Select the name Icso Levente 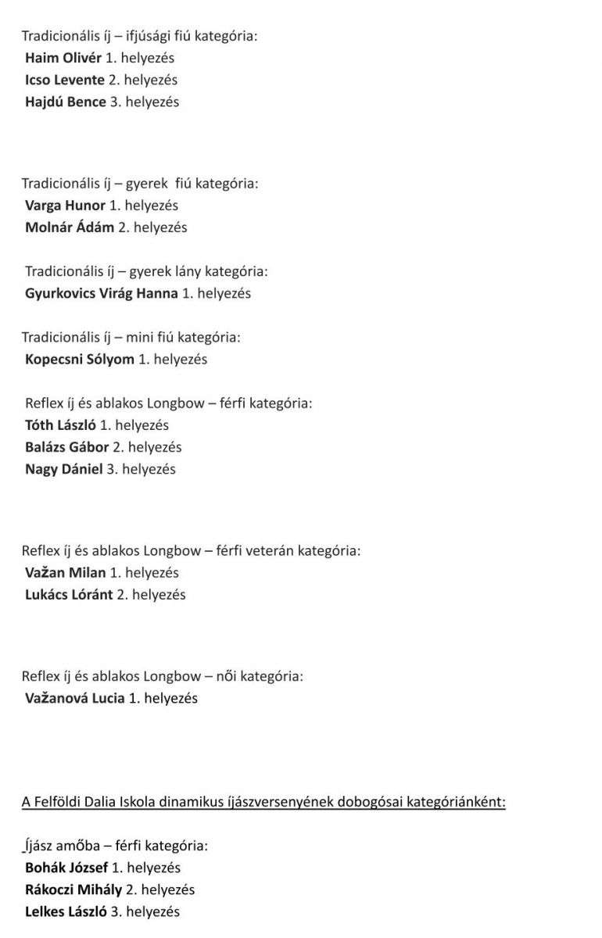tap(64, 80)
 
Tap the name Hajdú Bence tap(65, 102)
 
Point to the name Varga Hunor tap(65, 206)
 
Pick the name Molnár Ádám tap(69, 227)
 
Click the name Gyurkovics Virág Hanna tap(101, 293)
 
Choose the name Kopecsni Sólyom tap(79, 360)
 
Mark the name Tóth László tap(60, 425)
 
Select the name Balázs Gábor tap(66, 447)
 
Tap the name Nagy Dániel tap(63, 469)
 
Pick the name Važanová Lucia tap(74, 698)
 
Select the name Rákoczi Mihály tap(74, 890)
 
